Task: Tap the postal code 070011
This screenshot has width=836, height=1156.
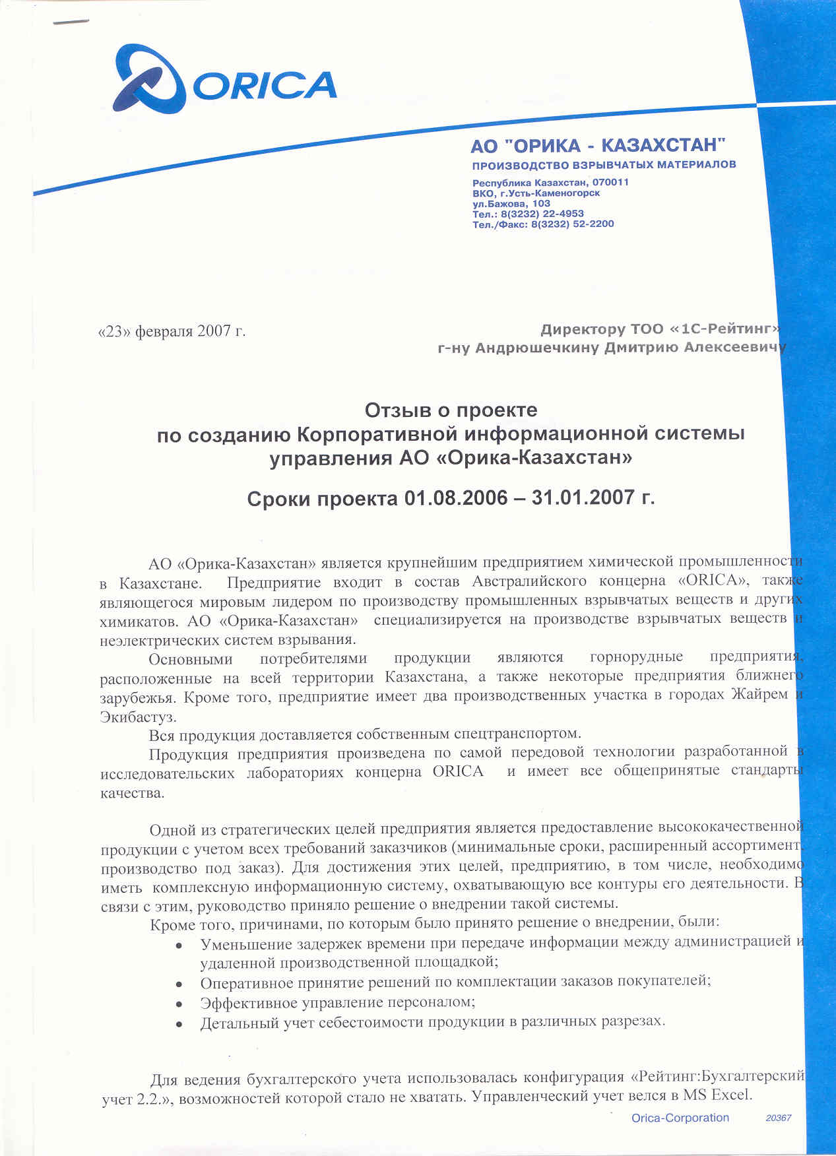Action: click(x=610, y=182)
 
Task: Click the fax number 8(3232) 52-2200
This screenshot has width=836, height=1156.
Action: click(x=572, y=224)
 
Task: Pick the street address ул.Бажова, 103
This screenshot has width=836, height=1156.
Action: click(x=511, y=203)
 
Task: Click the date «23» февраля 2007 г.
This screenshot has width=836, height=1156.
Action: click(x=172, y=331)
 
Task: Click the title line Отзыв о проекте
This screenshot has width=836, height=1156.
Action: click(x=451, y=410)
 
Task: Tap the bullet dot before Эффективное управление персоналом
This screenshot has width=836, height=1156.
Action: click(x=179, y=1004)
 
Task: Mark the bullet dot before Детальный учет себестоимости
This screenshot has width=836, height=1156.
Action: click(x=179, y=1023)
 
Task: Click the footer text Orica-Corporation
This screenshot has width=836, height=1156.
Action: click(x=680, y=1118)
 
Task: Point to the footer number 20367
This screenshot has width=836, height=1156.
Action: click(x=779, y=1118)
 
